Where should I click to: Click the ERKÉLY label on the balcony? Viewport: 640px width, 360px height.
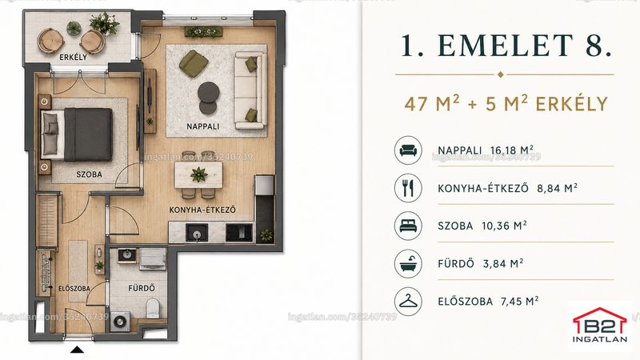coord(74,57)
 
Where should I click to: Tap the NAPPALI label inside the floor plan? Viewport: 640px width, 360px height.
coord(203,126)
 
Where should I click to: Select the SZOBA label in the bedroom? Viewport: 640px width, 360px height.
coord(90,174)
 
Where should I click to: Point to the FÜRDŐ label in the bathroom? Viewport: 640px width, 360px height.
coord(142,288)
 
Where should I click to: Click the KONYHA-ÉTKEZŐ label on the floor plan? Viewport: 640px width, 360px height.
coord(202,210)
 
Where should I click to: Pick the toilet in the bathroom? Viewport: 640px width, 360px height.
coord(153,308)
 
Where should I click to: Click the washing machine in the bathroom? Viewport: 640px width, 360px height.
coord(121,322)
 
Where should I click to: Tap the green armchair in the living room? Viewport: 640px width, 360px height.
coord(193,63)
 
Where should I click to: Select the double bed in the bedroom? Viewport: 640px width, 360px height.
coord(77,134)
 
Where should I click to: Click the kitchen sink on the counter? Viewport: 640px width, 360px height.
coord(197,233)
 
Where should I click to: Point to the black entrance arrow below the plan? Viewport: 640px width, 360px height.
coord(77,350)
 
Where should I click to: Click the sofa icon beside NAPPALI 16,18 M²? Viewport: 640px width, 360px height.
coord(408,150)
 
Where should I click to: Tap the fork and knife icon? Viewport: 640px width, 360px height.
coord(408,188)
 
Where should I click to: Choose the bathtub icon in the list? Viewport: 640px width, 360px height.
coord(408,263)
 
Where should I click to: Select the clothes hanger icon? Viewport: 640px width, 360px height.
coord(408,302)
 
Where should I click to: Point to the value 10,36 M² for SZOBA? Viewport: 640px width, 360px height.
coord(504,226)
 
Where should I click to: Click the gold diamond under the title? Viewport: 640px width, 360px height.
coord(501,74)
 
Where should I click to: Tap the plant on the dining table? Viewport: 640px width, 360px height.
coord(198,174)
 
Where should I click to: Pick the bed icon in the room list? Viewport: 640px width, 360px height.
coord(408,226)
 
